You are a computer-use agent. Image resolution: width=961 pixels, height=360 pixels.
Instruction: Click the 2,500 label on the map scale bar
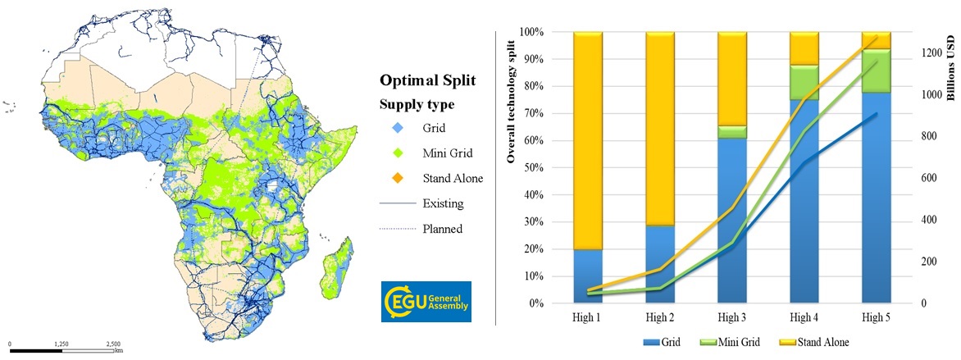click(x=113, y=344)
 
